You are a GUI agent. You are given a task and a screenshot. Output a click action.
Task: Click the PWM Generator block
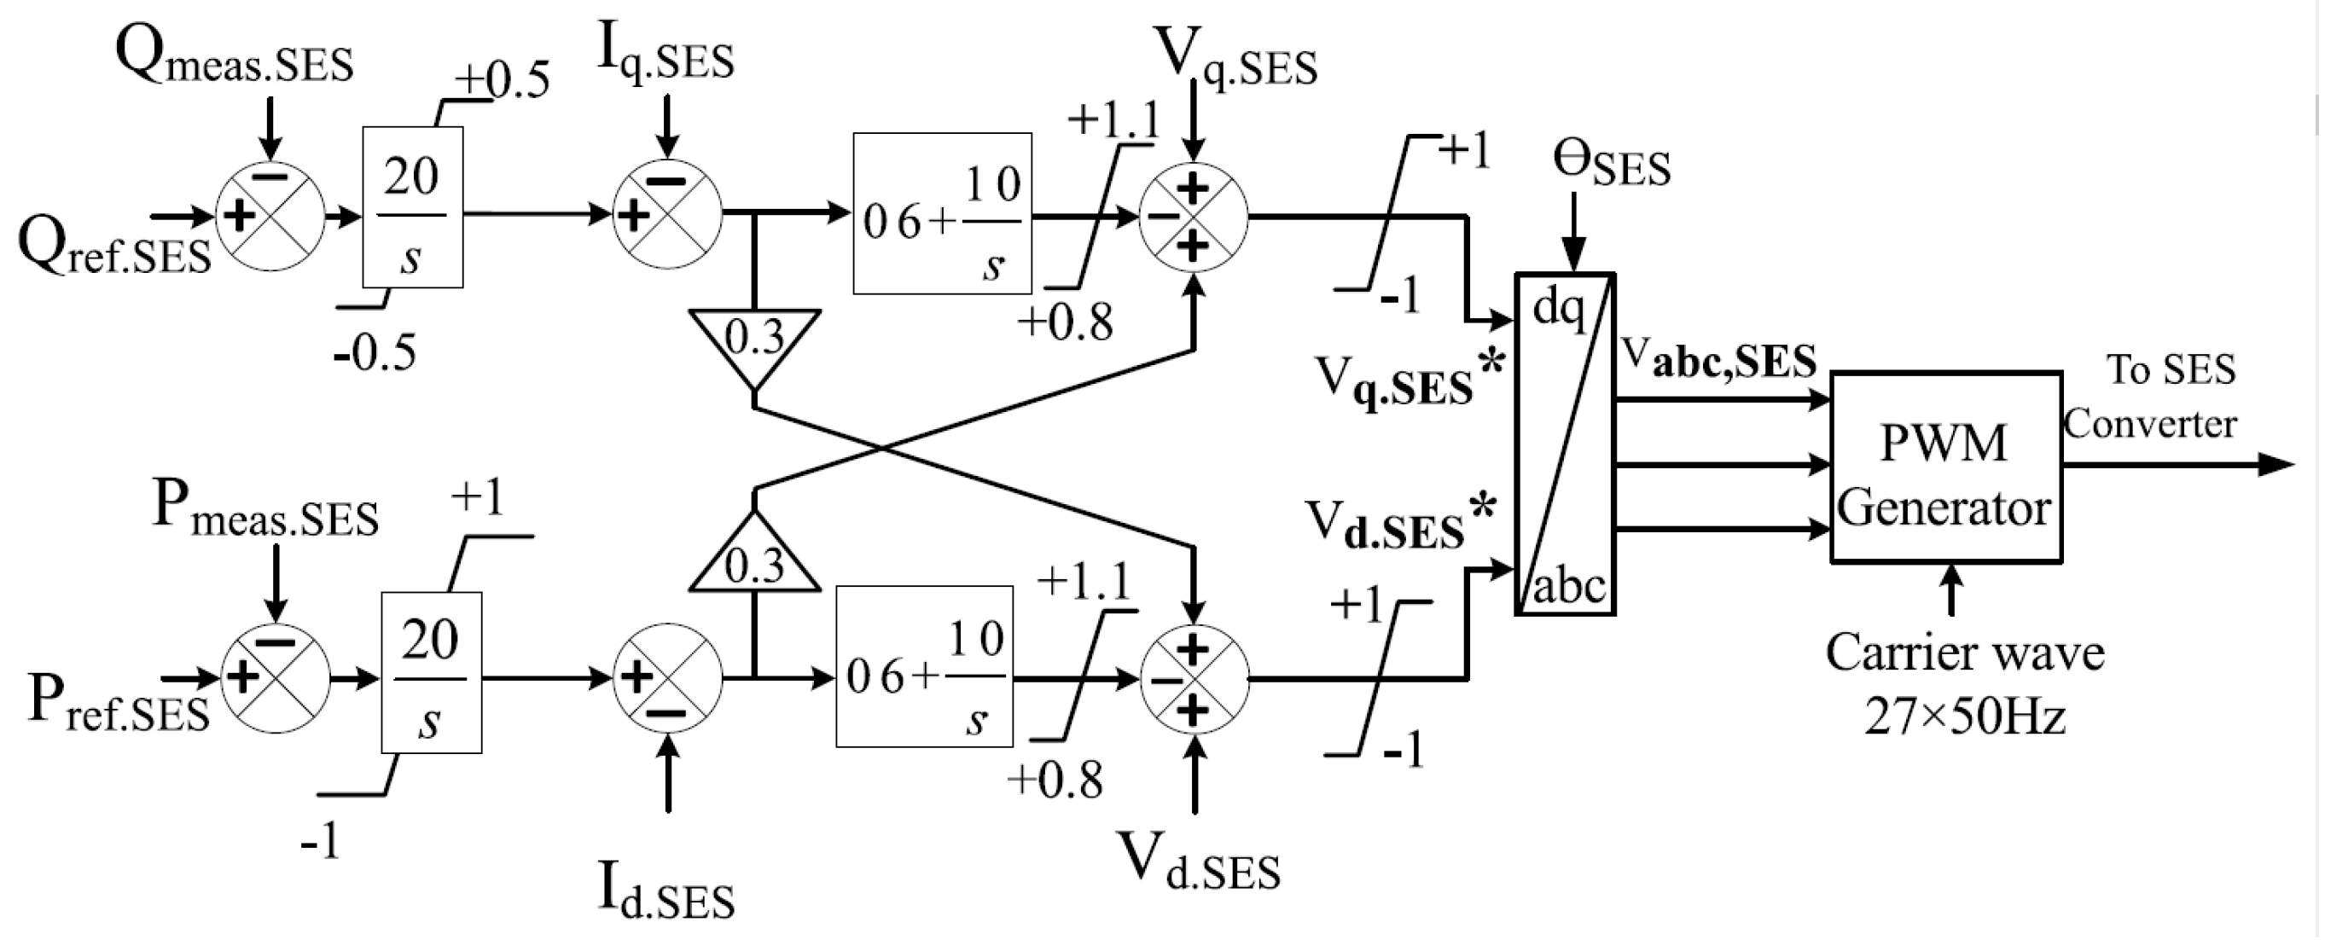(1946, 467)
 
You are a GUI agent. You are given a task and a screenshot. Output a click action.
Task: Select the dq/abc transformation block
(1566, 444)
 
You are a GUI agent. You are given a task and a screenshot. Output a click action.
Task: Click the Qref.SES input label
(114, 247)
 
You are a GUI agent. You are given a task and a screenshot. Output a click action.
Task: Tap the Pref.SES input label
(119, 703)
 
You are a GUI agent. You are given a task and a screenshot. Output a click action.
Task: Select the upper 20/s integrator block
(412, 207)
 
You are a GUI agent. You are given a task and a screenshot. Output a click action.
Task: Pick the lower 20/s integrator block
(431, 673)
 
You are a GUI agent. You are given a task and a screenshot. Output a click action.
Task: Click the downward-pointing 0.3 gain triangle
(754, 341)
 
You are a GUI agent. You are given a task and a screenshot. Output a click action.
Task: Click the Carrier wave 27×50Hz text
(1964, 684)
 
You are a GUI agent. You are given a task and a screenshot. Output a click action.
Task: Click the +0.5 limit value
(501, 79)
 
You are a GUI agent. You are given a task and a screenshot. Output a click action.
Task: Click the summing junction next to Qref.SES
(270, 216)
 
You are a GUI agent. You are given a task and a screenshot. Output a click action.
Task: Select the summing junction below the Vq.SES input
(1192, 217)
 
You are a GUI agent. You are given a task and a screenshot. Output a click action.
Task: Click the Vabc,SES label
(1719, 359)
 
